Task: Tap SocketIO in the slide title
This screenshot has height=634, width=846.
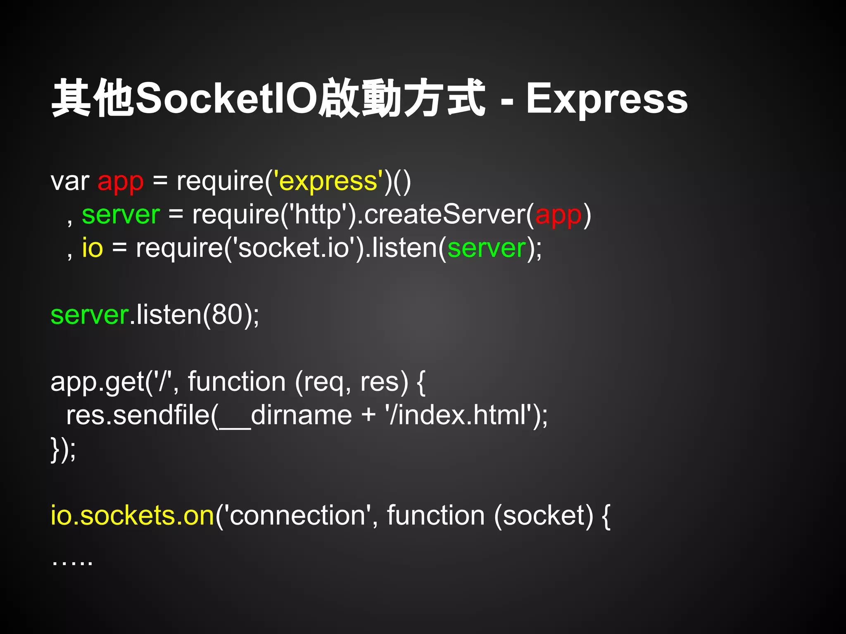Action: coord(226,98)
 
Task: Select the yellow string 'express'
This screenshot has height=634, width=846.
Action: coord(328,182)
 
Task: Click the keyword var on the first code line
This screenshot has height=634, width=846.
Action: coord(70,182)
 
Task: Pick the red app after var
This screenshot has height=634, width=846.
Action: coord(120,182)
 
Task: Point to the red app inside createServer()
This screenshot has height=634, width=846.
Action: coord(558,215)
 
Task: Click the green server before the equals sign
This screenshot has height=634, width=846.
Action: coord(121,215)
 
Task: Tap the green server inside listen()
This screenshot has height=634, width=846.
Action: coord(487,248)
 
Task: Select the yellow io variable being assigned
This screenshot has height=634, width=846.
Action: coord(92,248)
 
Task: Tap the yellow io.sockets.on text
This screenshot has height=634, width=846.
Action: coord(132,516)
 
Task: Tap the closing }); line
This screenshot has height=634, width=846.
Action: coord(63,449)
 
